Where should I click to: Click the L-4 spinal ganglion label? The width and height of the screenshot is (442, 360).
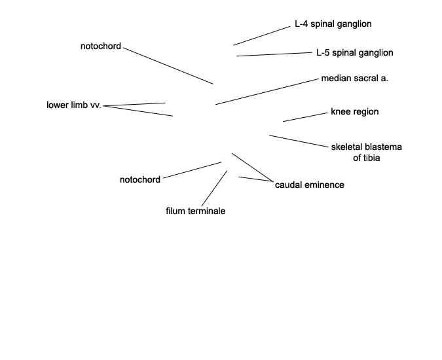333,24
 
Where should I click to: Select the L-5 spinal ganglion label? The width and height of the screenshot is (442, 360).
355,53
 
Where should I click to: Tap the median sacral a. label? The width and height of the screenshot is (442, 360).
355,79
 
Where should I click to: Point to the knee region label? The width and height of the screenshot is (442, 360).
355,112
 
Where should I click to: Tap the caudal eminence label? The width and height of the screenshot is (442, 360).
310,185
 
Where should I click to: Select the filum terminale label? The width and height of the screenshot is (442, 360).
196,211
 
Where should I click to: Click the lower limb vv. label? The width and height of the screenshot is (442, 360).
74,105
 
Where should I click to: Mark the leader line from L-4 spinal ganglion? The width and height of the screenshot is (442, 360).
261,36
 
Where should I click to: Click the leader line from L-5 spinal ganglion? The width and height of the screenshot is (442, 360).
274,54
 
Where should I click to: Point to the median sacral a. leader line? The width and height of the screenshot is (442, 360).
267,92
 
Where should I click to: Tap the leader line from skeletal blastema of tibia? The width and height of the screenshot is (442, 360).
299,141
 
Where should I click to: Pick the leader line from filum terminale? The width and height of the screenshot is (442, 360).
214,188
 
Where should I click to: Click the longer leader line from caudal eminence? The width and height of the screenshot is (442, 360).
253,168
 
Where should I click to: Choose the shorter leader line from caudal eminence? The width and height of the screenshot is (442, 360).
256,179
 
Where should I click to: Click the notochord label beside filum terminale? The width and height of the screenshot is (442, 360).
140,180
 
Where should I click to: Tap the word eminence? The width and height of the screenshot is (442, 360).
325,185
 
